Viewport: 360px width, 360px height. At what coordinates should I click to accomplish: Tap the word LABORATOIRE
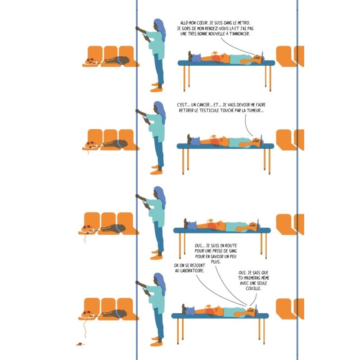193,271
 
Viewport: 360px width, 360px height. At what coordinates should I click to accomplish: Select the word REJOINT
196,265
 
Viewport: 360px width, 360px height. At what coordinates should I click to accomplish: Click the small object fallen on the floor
80,344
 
